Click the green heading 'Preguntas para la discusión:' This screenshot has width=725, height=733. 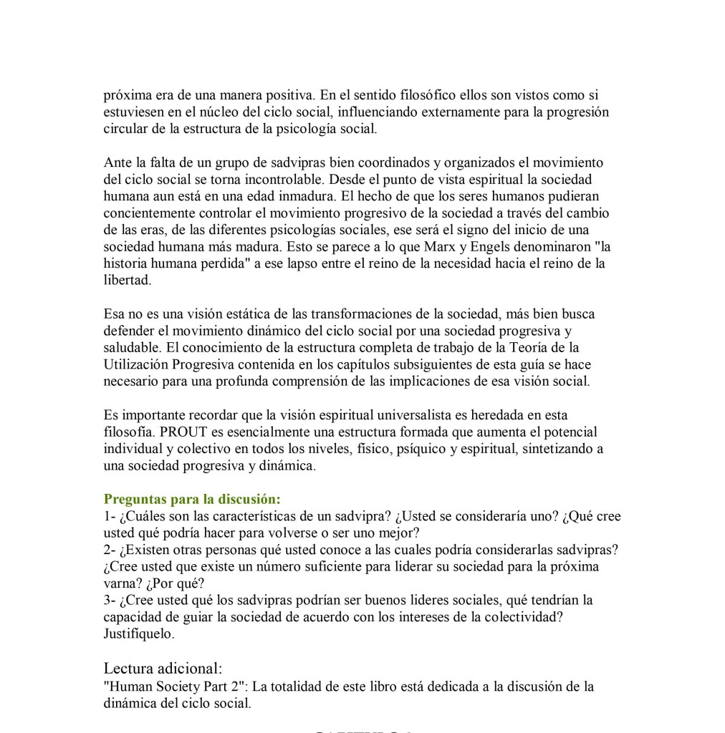[192, 499]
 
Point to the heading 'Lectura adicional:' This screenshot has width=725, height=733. [163, 669]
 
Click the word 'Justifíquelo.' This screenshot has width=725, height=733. [139, 634]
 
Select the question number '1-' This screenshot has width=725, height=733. [110, 516]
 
